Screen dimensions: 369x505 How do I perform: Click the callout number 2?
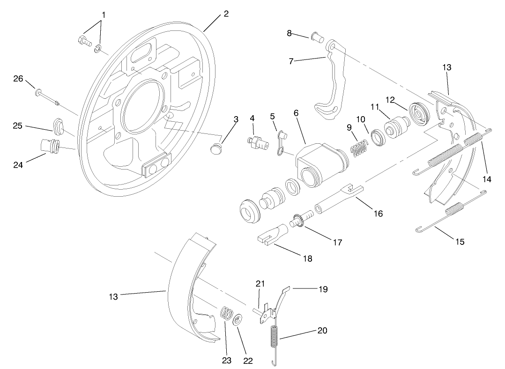[226, 14]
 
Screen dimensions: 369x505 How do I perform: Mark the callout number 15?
[460, 242]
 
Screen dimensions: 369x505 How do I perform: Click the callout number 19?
[322, 289]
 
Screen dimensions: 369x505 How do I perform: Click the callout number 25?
[18, 125]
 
